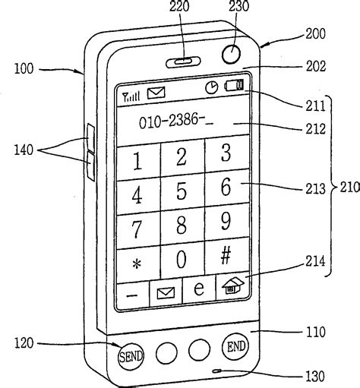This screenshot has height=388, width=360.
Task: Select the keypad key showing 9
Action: (226, 222)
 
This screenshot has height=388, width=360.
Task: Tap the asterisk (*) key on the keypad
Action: (137, 263)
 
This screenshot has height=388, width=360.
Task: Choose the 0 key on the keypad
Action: (182, 259)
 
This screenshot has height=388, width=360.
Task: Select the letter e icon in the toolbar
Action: (199, 289)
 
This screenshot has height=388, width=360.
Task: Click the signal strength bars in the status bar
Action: (131, 95)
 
